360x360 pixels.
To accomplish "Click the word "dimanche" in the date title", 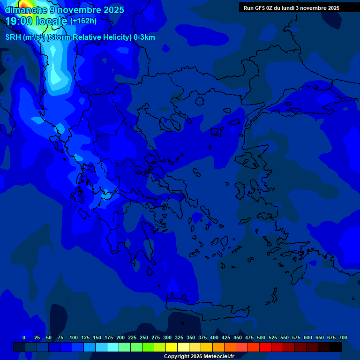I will pyautogui.click(x=26, y=10).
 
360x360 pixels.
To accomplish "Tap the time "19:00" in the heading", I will pyautogui.click(x=19, y=21).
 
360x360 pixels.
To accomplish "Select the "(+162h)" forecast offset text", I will pyautogui.click(x=83, y=21).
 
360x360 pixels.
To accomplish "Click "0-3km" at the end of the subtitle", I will pyautogui.click(x=144, y=37).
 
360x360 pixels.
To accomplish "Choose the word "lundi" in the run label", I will pyautogui.click(x=295, y=8).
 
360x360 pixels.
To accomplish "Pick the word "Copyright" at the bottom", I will pyautogui.click(x=176, y=356).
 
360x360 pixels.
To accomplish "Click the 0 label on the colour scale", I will pyautogui.click(x=24, y=337).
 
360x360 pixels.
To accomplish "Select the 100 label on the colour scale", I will pyautogui.click(x=74, y=337).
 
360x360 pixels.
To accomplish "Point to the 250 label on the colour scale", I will pyautogui.click(x=144, y=337).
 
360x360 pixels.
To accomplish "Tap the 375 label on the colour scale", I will pyautogui.click(x=202, y=337).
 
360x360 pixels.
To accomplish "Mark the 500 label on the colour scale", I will pyautogui.click(x=261, y=337).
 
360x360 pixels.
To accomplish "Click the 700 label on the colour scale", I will pyautogui.click(x=343, y=337).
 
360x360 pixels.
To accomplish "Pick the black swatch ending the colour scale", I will pyautogui.click(x=336, y=347).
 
